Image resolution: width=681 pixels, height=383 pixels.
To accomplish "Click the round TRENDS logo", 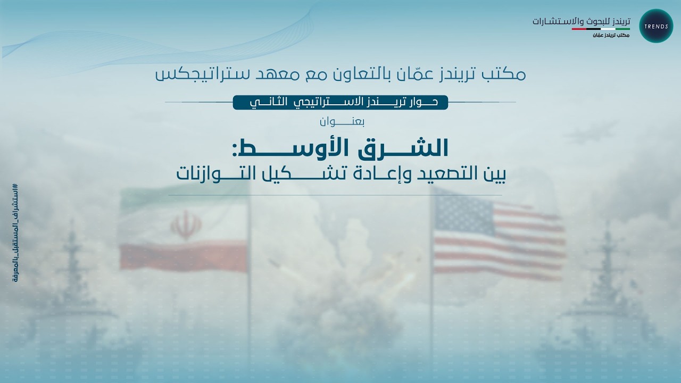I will [656, 26].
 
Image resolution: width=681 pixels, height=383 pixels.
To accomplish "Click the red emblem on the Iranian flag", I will [186, 225].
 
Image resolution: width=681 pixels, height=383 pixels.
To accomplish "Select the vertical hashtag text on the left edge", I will [14, 240].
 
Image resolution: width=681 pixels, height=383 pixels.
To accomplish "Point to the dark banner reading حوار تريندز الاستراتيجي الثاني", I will [340, 102].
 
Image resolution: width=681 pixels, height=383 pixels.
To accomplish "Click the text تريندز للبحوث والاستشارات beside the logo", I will [581, 22].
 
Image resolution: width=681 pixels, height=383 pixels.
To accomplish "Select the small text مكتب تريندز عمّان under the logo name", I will [610, 35].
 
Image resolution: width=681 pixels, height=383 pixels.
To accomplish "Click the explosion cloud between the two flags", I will [340, 266].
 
